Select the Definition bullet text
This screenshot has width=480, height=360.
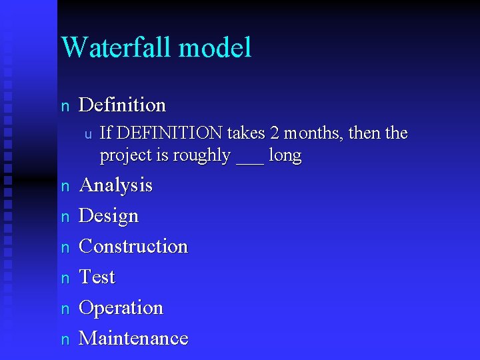122,105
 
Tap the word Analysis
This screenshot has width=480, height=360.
115,185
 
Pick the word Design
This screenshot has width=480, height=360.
109,217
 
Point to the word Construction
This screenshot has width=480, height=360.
133,247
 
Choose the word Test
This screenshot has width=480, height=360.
97,277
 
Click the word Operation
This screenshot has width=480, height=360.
121,308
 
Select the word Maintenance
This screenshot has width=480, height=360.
133,338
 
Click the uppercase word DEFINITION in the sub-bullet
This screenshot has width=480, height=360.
168,133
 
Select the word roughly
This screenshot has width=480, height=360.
201,156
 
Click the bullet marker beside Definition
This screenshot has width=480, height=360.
65,106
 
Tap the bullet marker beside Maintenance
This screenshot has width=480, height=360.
65,339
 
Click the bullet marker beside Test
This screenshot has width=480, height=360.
65,278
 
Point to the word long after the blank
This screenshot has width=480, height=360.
285,156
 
